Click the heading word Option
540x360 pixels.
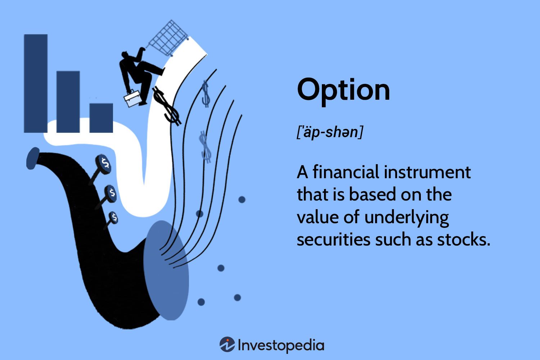(x=343, y=90)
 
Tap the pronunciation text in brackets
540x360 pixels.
(x=330, y=132)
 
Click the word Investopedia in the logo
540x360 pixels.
(x=281, y=345)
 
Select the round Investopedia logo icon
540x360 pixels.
(x=227, y=345)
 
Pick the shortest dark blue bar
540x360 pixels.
(x=101, y=118)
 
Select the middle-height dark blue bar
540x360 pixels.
(x=68, y=102)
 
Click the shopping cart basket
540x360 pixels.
(x=168, y=38)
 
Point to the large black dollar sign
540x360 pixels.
(x=166, y=105)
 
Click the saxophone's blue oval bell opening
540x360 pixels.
(x=166, y=270)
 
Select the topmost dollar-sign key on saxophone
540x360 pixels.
(x=103, y=164)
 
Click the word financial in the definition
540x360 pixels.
(x=346, y=172)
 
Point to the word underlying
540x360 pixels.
(x=406, y=218)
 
